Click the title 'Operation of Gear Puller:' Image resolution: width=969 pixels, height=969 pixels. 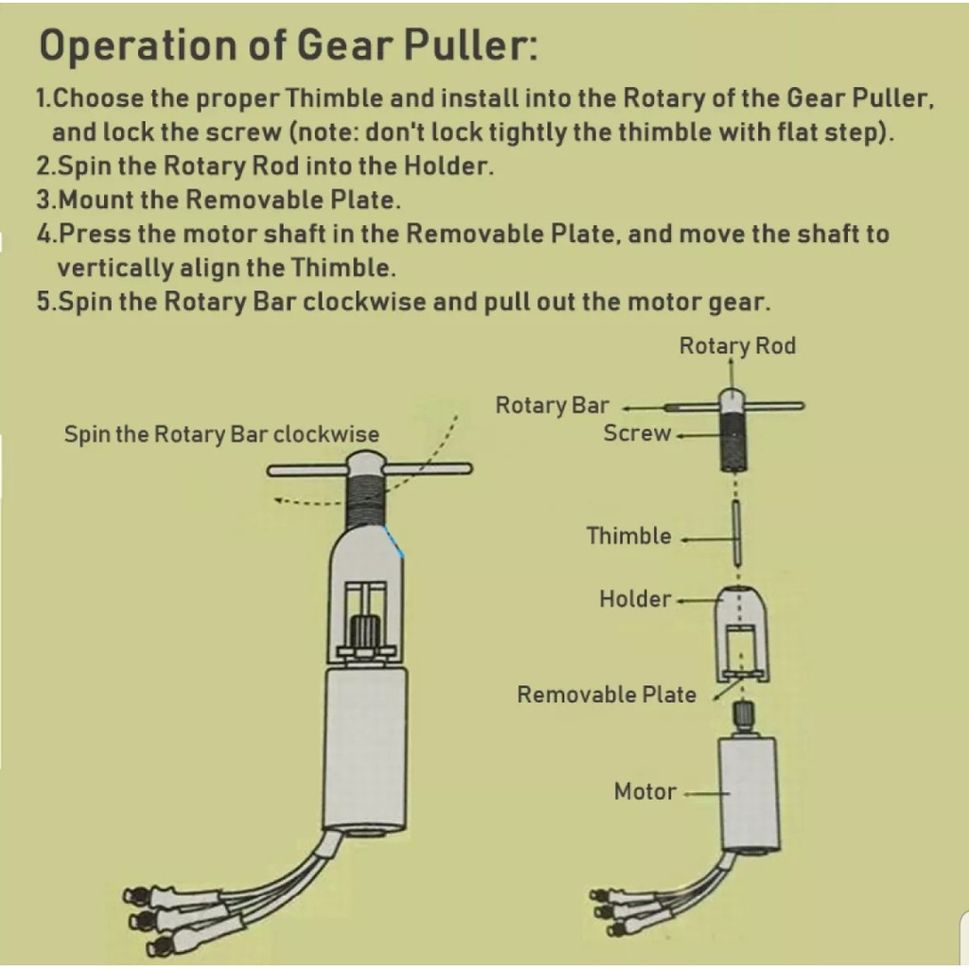pos(288,45)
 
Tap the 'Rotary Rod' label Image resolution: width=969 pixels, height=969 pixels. pos(737,346)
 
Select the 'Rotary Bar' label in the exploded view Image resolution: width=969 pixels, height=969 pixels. pos(552,406)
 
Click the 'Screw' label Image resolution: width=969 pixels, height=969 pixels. pos(637,433)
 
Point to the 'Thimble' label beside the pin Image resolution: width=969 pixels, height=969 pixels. pos(628,537)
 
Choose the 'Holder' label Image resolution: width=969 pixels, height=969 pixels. pos(635,599)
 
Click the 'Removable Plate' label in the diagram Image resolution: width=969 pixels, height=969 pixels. pos(606,695)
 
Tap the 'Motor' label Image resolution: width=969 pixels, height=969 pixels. pos(645,791)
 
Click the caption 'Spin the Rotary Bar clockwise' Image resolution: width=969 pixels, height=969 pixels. pos(221,434)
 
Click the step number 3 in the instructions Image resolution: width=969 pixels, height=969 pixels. pos(44,201)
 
